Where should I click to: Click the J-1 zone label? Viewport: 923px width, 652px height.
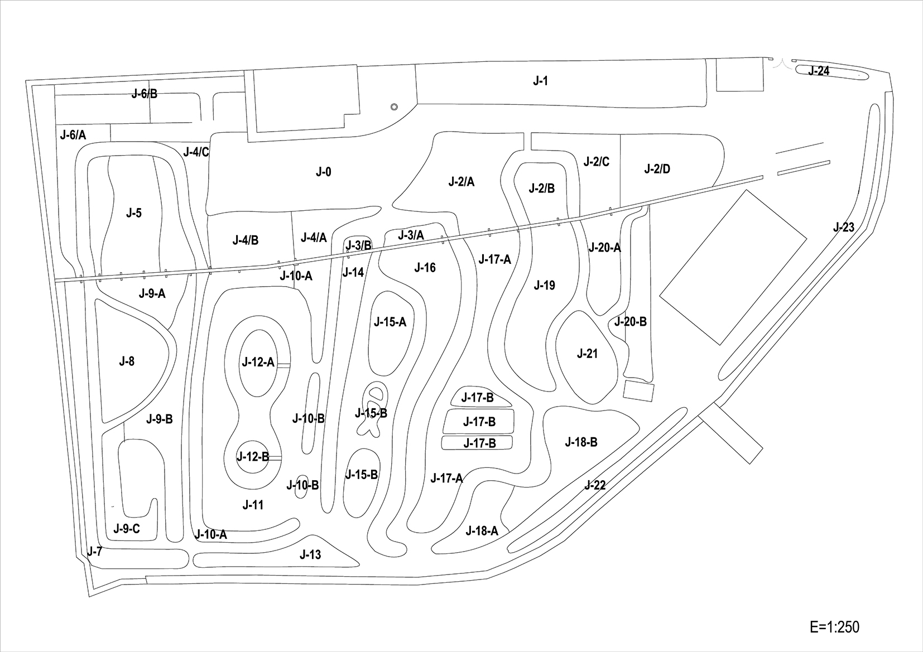[x=540, y=81]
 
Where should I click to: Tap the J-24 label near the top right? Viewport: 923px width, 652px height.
[x=819, y=71]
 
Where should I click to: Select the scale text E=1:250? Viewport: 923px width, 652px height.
[x=835, y=626]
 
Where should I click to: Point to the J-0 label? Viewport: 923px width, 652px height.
[x=324, y=172]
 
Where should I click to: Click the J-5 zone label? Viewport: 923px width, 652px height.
[x=134, y=213]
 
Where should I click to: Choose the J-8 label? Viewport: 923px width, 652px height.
[x=127, y=361]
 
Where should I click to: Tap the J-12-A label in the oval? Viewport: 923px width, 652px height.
[x=258, y=363]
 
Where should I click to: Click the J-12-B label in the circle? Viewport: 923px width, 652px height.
[x=253, y=457]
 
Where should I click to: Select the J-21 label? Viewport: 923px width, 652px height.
[x=587, y=354]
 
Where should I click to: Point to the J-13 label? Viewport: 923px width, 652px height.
[x=310, y=554]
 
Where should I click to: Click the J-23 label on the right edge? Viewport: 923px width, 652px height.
[x=843, y=228]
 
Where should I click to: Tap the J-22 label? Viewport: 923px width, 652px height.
[x=595, y=485]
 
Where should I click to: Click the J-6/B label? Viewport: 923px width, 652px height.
[x=145, y=94]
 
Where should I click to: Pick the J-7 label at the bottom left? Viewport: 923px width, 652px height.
[x=95, y=552]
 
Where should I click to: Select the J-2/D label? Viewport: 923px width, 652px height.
[x=657, y=169]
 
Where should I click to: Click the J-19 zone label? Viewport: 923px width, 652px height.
[x=544, y=286]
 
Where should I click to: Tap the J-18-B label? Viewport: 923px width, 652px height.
[x=581, y=442]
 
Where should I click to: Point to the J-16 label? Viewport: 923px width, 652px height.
[x=425, y=268]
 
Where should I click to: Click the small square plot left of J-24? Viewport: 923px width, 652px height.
[x=739, y=75]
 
